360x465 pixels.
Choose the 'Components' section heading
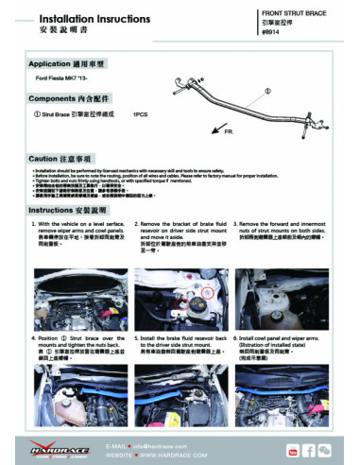pyautogui.click(x=64, y=96)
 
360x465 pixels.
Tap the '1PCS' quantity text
pyautogui.click(x=141, y=114)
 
